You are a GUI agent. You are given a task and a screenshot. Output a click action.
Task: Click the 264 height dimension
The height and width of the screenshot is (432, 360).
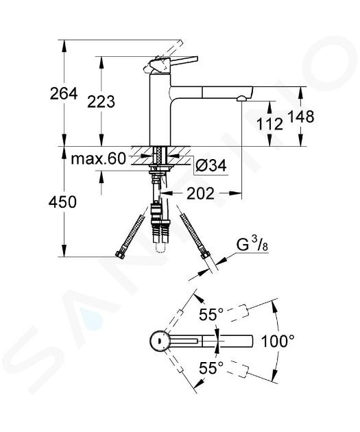pos(64,94)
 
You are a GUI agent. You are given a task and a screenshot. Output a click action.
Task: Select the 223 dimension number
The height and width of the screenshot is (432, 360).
pos(101,101)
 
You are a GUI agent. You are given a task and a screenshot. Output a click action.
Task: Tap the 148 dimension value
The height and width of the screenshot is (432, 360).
pos(301,117)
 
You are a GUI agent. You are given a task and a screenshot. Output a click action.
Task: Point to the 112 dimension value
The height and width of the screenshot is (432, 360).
pos(269,123)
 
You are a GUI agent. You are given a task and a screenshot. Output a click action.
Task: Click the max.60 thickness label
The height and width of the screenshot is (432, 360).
pos(98,159)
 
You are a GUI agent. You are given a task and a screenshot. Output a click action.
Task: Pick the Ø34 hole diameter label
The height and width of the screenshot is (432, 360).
pos(211,165)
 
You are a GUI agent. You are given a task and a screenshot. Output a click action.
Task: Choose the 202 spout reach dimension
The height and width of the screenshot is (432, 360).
pos(200,193)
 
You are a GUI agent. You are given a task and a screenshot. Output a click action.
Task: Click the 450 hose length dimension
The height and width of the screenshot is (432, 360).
pos(62,202)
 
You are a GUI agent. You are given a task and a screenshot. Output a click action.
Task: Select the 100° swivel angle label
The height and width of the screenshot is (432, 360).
pos(277,341)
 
